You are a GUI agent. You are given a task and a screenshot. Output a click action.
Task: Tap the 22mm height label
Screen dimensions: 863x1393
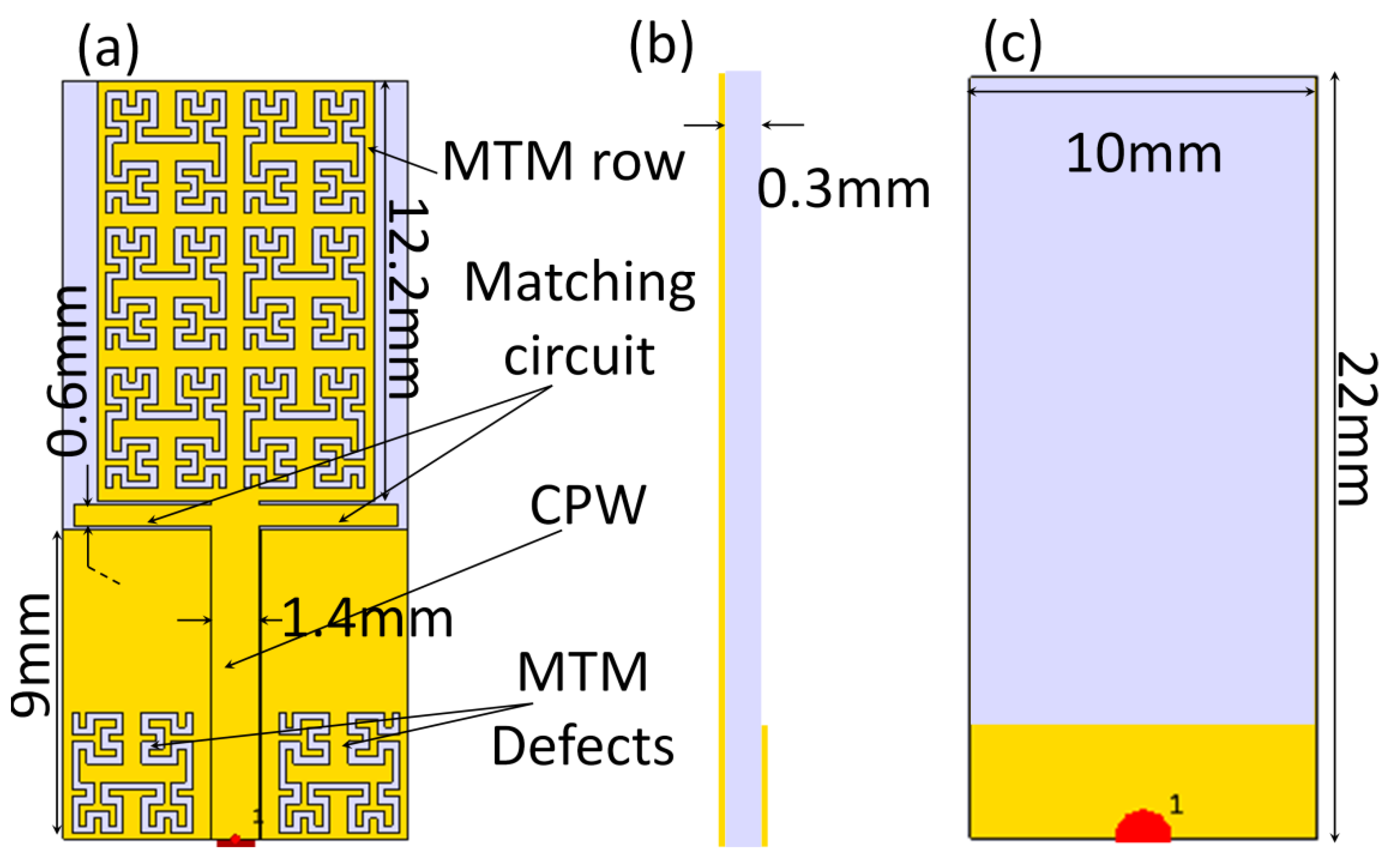click(1357, 428)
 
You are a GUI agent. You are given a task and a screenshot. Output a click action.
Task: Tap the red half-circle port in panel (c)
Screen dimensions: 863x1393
click(1143, 827)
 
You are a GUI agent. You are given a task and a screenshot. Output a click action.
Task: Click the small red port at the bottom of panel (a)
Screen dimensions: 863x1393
click(235, 841)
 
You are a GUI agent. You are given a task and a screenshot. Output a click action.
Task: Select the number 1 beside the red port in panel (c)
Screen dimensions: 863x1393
click(1176, 805)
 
